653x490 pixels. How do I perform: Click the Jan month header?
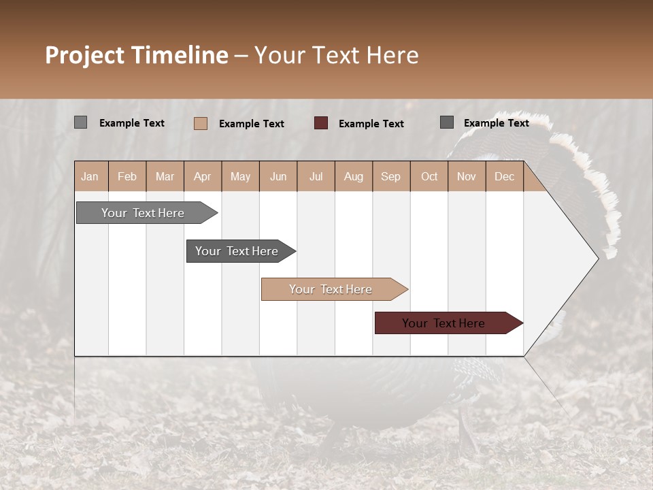(90, 176)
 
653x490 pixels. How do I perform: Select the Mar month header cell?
(165, 176)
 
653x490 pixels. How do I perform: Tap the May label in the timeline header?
(240, 176)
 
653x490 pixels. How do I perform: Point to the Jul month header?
(316, 176)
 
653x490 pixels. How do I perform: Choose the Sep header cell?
(390, 176)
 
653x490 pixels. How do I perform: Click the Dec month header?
(504, 176)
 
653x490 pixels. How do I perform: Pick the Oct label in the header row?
(429, 176)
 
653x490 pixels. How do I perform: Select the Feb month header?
(127, 176)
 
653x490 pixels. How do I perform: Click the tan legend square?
(201, 123)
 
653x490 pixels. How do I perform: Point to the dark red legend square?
(321, 123)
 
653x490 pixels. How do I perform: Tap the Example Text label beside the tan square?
(251, 124)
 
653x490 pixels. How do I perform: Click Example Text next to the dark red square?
(371, 124)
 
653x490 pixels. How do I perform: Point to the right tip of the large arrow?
(597, 258)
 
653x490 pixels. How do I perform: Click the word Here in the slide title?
(392, 55)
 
